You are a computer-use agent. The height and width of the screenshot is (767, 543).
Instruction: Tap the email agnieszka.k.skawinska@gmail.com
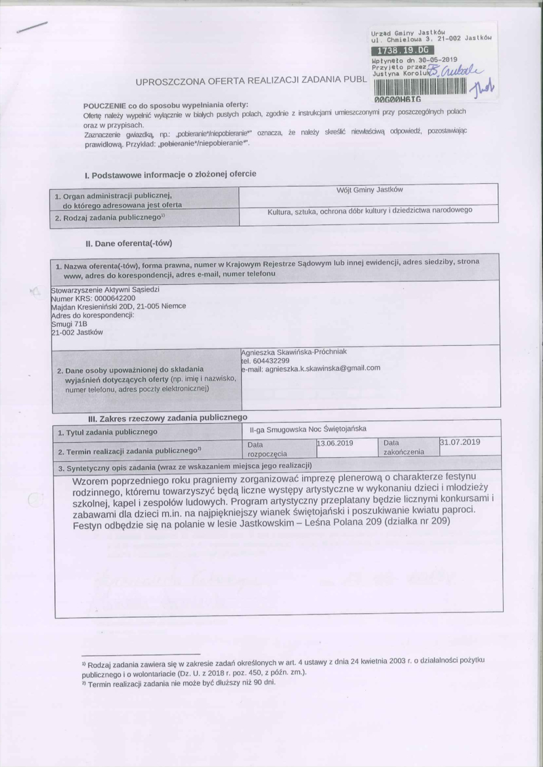312,368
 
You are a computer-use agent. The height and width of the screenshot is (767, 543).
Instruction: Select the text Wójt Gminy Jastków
369,189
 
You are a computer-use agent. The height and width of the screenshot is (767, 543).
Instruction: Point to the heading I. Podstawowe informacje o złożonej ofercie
170,174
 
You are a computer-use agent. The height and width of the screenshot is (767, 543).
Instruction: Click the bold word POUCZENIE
106,106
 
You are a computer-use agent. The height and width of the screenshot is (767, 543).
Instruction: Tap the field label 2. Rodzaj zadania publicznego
112,218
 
